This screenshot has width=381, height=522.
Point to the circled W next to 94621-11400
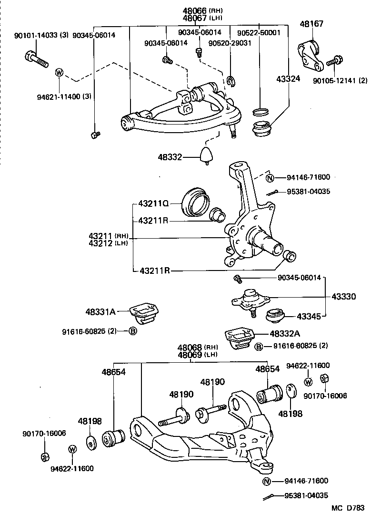coord(59,72)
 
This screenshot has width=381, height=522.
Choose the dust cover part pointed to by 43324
coord(261,128)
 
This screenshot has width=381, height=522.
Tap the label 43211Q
coord(153,204)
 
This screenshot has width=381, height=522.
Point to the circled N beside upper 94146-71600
coord(270,178)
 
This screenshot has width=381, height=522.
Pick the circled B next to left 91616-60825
coord(132,331)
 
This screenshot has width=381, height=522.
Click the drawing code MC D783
coord(348,508)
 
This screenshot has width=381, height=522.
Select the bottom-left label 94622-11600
coord(72,468)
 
